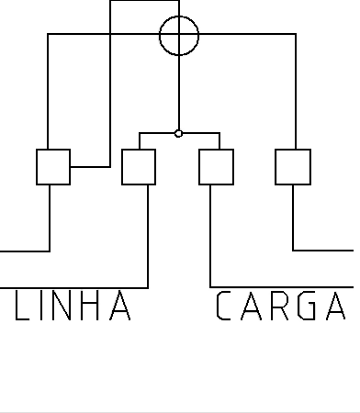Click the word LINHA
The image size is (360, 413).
click(73, 306)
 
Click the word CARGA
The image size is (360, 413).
click(281, 306)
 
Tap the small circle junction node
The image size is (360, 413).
click(178, 134)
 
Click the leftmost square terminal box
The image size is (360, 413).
click(37, 167)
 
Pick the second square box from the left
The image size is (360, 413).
click(122, 167)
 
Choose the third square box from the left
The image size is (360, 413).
click(199, 167)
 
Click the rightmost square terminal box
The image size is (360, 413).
click(276, 167)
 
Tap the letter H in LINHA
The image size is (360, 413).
click(91, 306)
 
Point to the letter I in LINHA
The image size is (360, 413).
click(41, 306)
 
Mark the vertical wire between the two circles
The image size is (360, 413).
click(179, 93)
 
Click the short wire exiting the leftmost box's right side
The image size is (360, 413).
click(90, 167)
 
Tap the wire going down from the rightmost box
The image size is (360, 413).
click(293, 218)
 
